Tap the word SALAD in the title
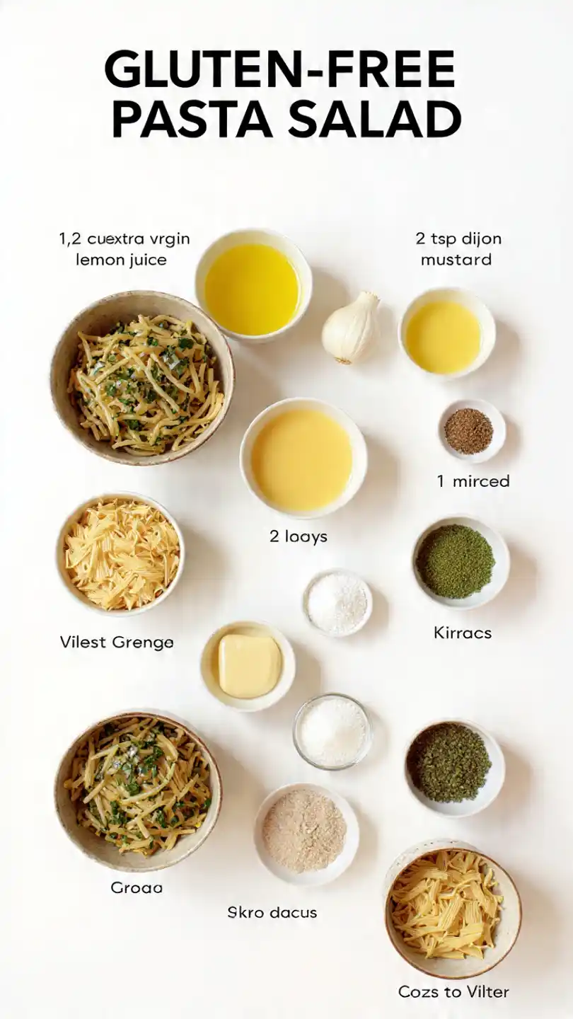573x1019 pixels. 374,119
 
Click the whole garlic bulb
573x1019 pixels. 351,327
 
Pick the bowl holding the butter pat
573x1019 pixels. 248,666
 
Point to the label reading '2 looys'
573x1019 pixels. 298,536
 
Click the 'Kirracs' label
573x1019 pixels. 462,632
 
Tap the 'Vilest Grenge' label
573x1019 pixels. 117,643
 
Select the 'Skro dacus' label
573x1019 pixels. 272,912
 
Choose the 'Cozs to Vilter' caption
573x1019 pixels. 453,991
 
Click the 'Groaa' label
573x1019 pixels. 137,887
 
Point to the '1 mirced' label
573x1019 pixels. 473,481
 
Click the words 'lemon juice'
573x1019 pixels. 121,259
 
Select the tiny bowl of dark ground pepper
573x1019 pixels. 468,431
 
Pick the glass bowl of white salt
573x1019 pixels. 332,730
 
